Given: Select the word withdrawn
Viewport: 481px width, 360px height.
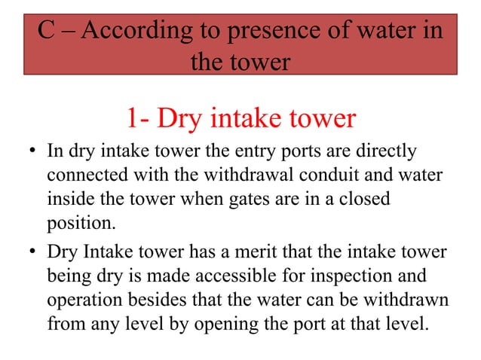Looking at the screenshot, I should pyautogui.click(x=406, y=301).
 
